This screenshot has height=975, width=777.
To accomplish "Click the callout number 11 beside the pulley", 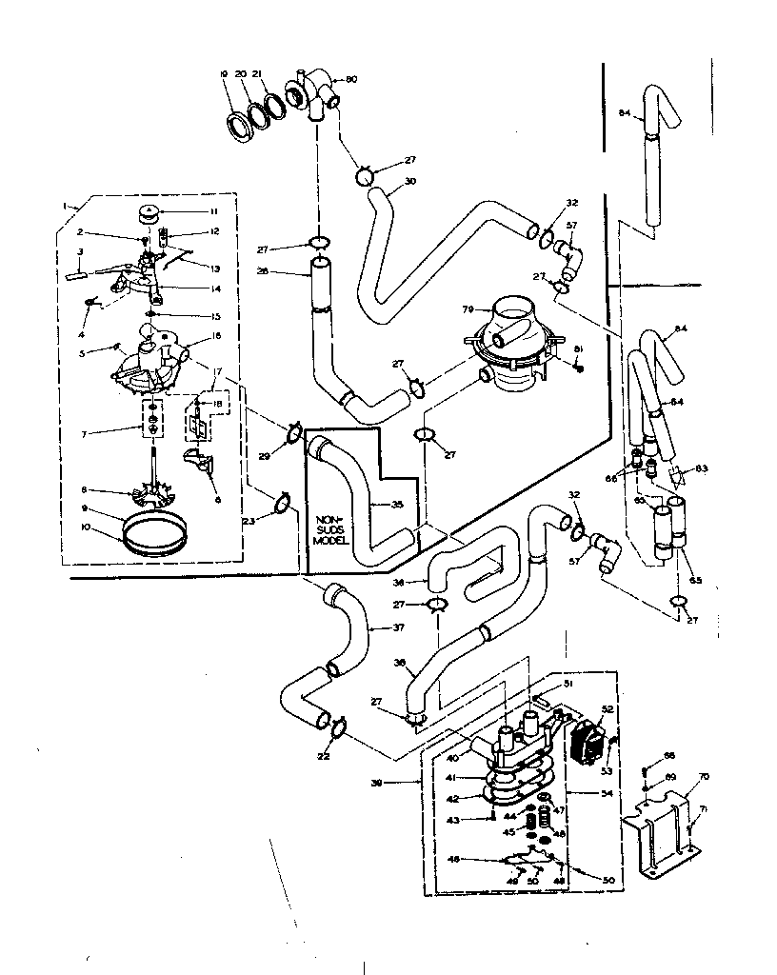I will point(188,211).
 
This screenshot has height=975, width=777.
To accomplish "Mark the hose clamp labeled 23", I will point(282,503).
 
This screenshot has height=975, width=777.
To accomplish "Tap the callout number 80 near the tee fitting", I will point(351,79).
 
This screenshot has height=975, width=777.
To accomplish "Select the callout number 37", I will point(399,627).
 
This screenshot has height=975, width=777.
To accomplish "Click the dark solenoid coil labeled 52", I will point(586,740).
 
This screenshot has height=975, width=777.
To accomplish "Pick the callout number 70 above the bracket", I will point(703,777).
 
